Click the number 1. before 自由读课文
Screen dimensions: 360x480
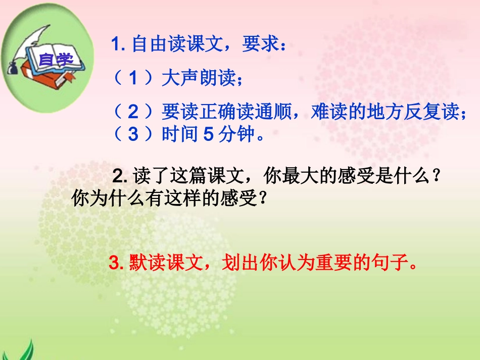pos(119,46)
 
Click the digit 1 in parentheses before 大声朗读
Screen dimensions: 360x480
pos(133,78)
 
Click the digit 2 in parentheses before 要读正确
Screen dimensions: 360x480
pos(133,111)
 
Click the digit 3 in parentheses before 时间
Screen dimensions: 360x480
pos(133,134)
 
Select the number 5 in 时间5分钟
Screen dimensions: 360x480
pos(208,134)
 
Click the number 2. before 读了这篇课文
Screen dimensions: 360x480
pos(121,176)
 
